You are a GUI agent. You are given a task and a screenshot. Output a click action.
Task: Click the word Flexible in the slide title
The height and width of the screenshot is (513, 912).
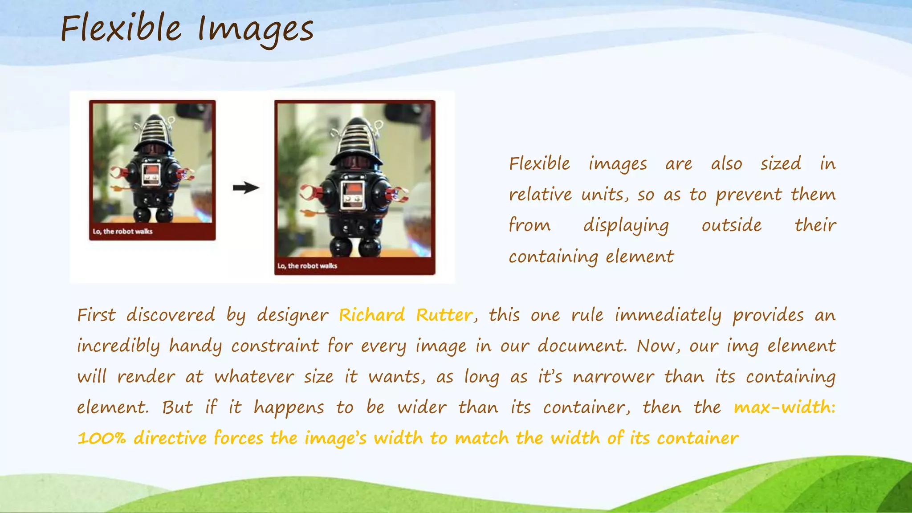coord(121,28)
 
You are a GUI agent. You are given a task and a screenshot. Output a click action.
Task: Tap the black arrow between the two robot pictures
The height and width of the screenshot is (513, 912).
coord(246,187)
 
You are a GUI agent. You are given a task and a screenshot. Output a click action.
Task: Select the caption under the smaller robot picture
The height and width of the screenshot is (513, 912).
coord(122,232)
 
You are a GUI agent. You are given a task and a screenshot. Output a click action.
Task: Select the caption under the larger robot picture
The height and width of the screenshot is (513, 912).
coord(307,266)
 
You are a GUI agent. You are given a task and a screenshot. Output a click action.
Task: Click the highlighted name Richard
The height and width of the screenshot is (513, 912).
coord(372,315)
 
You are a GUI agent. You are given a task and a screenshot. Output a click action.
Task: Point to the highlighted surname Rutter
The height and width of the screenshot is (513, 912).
coord(444,315)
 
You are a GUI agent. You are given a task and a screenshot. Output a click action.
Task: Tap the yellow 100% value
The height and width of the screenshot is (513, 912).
coord(102,438)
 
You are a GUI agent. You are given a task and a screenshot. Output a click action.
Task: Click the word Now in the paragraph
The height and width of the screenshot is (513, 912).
coord(654,346)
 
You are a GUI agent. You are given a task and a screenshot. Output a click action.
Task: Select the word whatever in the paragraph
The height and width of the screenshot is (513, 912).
coord(254,377)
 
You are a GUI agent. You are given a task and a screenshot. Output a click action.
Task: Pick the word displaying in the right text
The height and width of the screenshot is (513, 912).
coord(626,225)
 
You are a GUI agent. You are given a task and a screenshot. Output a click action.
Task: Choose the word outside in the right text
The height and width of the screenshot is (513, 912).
coord(732,225)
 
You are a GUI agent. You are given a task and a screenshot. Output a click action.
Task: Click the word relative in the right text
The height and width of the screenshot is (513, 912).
coord(540,195)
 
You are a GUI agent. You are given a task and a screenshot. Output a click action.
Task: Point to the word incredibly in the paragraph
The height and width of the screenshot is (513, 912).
coord(118,346)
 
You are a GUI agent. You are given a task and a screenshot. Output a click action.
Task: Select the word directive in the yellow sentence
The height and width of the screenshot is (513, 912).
coord(170,438)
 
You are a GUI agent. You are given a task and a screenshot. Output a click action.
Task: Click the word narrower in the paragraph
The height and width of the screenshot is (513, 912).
coord(613,377)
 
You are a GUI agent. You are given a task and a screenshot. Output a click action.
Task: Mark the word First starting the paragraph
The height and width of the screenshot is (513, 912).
coord(96,315)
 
